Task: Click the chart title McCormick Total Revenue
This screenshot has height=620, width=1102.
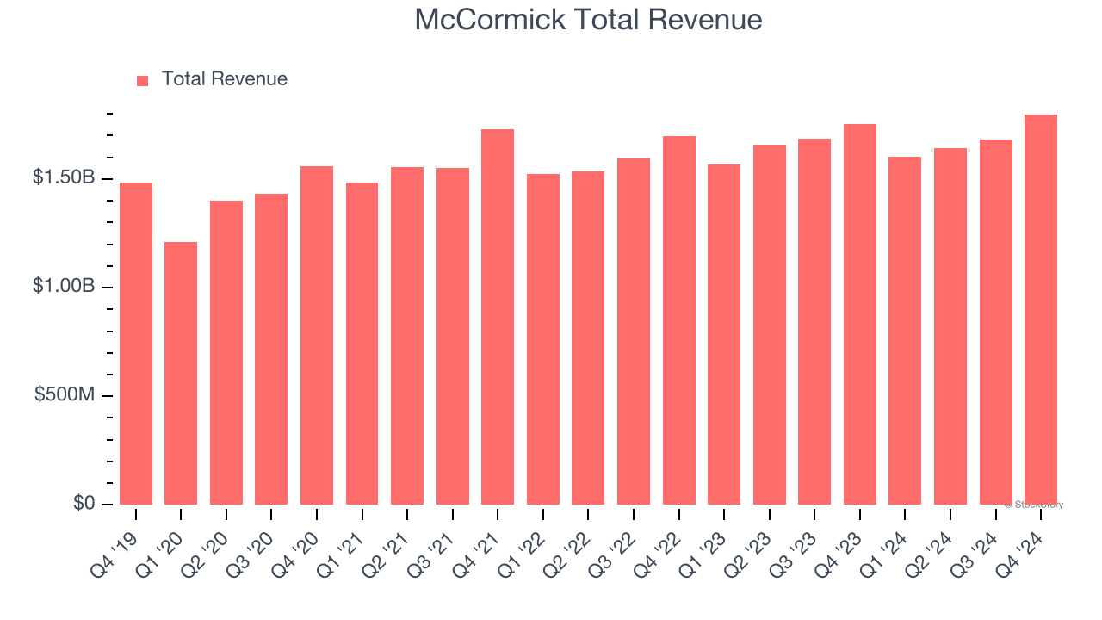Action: (588, 20)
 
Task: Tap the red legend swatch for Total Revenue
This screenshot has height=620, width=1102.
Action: (143, 80)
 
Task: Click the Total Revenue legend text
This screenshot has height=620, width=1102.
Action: (224, 79)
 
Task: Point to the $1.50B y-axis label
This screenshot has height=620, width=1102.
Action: (64, 177)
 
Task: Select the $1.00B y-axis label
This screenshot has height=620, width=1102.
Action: (64, 286)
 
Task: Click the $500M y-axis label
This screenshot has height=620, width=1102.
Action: (65, 394)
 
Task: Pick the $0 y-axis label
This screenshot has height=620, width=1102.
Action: (84, 503)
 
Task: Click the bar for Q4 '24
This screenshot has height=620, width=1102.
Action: (1040, 309)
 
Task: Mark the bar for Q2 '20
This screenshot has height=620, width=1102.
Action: (226, 352)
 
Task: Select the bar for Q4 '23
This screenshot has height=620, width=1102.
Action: (859, 313)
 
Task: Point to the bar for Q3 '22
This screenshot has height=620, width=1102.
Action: (634, 331)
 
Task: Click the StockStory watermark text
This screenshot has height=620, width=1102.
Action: (1034, 505)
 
